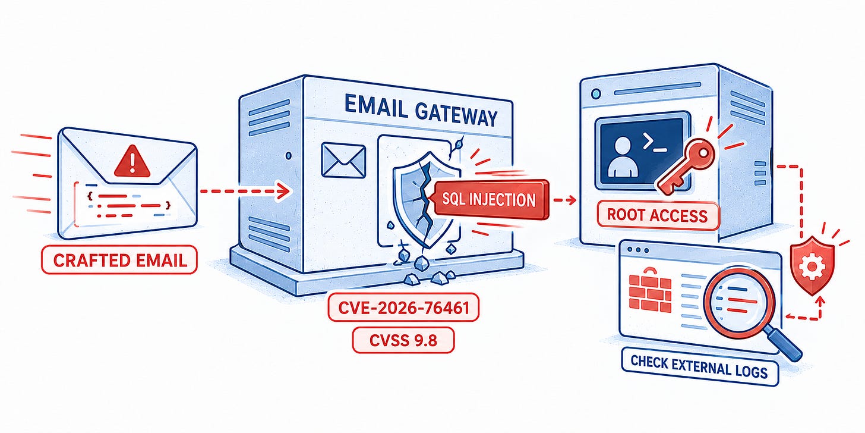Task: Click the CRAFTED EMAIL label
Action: coord(119,260)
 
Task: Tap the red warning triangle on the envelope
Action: coord(132,161)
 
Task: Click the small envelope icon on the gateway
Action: coord(343,161)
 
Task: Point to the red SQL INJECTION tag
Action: coord(490,200)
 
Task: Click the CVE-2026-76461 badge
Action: coord(403,308)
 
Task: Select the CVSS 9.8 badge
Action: coord(403,340)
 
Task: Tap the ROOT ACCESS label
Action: coord(658,215)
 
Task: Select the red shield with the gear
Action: coord(813,266)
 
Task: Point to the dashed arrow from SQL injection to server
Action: coord(564,200)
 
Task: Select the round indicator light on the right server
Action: coord(596,93)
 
